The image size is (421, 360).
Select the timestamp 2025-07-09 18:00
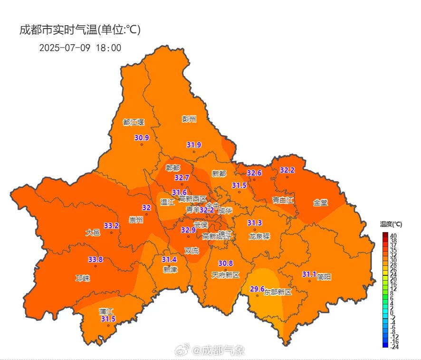coord(80,48)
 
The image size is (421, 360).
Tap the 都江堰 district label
coord(133,122)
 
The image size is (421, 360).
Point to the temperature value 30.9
coord(142,138)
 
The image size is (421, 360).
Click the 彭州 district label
coord(189,119)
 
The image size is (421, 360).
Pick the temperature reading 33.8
coord(96,260)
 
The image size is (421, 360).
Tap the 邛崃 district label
coord(83,278)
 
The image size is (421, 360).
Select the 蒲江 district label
coord(106,311)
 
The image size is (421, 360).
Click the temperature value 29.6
coord(257,289)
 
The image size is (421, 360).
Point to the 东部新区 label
coord(278,292)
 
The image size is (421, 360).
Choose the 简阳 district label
coord(324,277)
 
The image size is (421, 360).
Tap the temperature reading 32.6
coord(254,173)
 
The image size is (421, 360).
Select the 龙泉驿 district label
coord(259,236)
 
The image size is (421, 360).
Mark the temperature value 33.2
coord(111,225)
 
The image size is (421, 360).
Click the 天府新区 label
coord(225,275)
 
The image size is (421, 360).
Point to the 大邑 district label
coord(93,233)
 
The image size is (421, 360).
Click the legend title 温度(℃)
coord(391,224)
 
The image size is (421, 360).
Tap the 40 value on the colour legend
coord(393,236)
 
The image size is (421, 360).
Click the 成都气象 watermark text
coord(223,351)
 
